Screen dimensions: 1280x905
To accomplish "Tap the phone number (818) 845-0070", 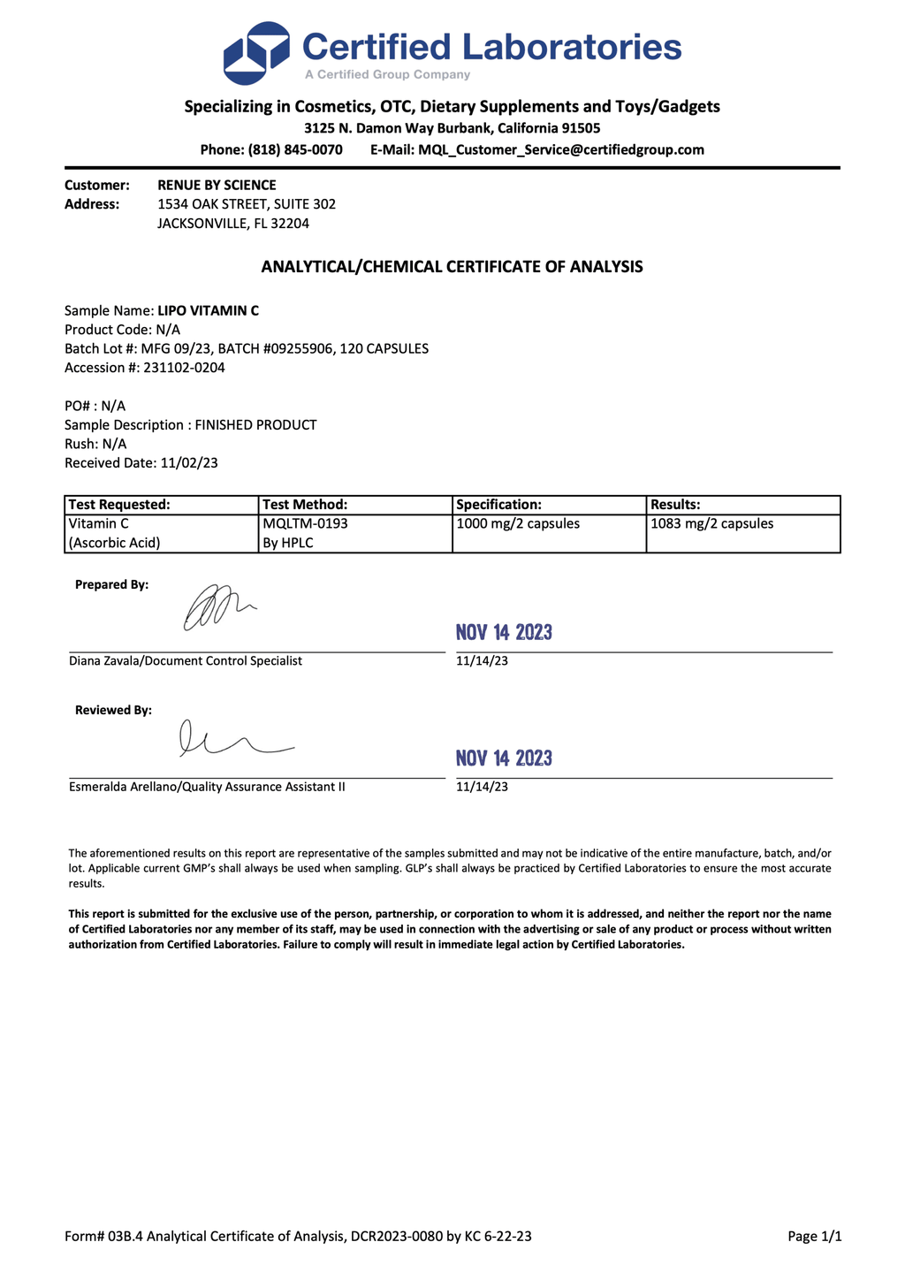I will pyautogui.click(x=295, y=150).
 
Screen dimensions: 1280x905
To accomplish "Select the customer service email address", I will pyautogui.click(x=560, y=150).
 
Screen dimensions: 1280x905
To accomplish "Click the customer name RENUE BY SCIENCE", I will pyautogui.click(x=217, y=185).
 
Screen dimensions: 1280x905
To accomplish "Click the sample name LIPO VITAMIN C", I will pyautogui.click(x=208, y=310).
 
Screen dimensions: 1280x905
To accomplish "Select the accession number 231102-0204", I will pyautogui.click(x=184, y=368).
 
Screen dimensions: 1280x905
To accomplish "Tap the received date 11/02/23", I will pyautogui.click(x=189, y=462).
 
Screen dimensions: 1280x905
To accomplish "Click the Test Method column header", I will pyautogui.click(x=305, y=505).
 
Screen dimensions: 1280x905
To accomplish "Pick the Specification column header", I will pyautogui.click(x=498, y=505).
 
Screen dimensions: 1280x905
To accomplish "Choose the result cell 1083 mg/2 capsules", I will pyautogui.click(x=711, y=523).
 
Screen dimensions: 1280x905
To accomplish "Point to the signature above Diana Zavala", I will pyautogui.click(x=217, y=608).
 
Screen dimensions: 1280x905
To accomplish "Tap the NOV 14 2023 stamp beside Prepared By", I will pyautogui.click(x=504, y=632).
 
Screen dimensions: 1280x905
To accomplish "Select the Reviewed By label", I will pyautogui.click(x=113, y=710).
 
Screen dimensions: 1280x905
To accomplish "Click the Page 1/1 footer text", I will pyautogui.click(x=814, y=1237).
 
